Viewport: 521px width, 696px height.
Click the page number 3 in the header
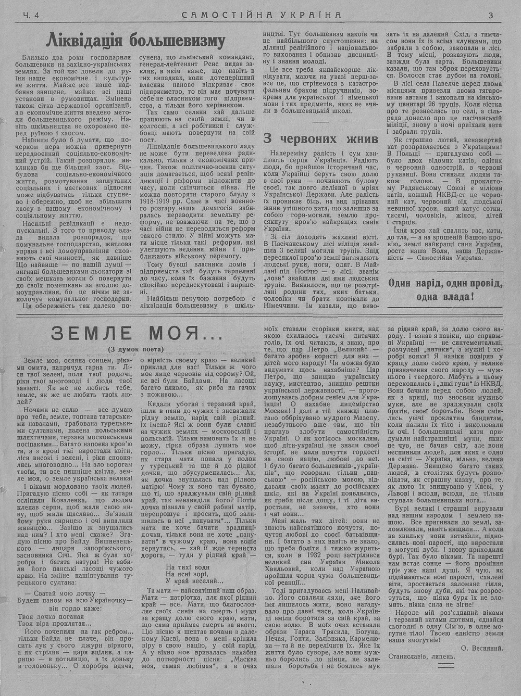coord(491,16)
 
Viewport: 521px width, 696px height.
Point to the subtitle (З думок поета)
coord(137,349)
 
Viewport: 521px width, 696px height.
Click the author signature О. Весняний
coord(482,648)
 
